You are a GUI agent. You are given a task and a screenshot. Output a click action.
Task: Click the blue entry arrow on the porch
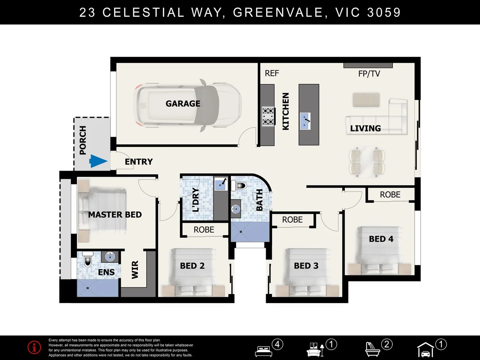[98, 161]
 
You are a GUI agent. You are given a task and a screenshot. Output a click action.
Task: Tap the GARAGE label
[183, 104]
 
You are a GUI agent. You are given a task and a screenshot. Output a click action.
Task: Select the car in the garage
[187, 105]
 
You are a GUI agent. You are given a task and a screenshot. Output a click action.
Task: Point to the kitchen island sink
[305, 121]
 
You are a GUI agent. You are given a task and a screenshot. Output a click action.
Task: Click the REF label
[272, 73]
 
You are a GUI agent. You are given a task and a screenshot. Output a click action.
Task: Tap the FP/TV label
[369, 74]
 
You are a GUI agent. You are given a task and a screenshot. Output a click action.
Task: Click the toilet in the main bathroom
[239, 185]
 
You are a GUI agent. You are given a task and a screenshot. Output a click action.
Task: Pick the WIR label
[135, 270]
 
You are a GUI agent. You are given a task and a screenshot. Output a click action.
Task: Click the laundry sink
[221, 184]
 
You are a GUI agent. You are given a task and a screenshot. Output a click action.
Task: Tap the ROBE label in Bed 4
[390, 195]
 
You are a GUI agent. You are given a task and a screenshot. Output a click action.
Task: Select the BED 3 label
[306, 266]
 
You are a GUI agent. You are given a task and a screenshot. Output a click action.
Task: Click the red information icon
[34, 347]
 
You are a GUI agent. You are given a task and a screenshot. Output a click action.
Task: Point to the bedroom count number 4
[277, 344]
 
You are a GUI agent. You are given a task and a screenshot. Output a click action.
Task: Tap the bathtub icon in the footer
[373, 349]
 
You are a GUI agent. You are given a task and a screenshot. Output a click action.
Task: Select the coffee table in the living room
[366, 100]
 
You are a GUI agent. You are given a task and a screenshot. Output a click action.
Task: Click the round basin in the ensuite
[110, 257]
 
